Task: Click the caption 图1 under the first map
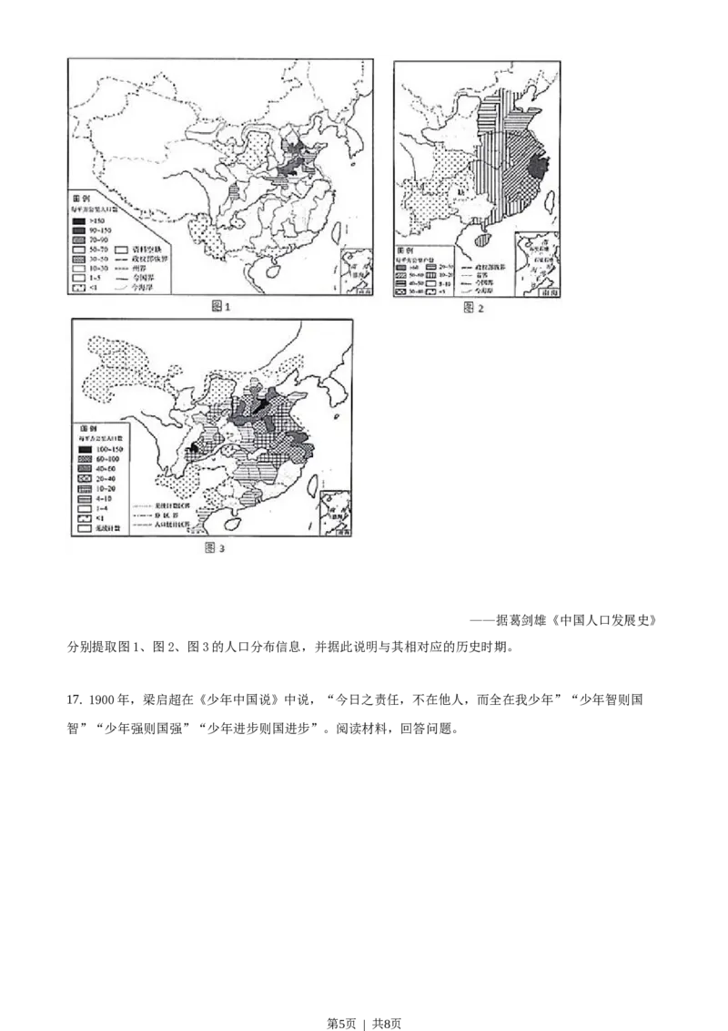click(220, 307)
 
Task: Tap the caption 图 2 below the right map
click(474, 308)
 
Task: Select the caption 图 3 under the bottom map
click(215, 547)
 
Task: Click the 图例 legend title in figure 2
click(406, 250)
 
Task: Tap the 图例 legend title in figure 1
click(85, 198)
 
